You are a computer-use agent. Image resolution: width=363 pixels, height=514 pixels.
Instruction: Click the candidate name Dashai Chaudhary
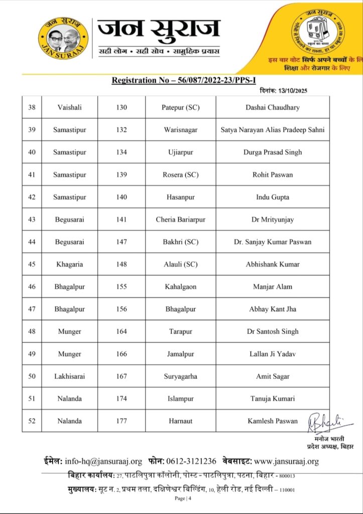[x=273, y=107]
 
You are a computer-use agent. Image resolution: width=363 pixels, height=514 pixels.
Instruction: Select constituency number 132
[x=122, y=130]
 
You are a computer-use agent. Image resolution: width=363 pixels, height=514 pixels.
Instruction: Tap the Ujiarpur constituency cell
[x=181, y=152]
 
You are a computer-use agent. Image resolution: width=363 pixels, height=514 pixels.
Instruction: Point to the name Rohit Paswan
[x=273, y=175]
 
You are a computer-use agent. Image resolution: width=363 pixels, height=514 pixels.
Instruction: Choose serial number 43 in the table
[x=32, y=219]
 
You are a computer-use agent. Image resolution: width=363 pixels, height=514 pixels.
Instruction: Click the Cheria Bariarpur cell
[x=181, y=219]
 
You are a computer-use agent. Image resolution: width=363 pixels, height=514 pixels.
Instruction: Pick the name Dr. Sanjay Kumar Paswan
[x=273, y=242]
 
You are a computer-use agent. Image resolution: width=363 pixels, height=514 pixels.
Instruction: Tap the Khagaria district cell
[x=69, y=264]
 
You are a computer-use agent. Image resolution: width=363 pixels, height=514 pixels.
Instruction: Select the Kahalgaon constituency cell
[x=181, y=287]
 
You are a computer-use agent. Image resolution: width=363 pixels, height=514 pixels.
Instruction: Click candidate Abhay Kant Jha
[x=273, y=309]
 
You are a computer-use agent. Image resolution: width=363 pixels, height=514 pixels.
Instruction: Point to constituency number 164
[x=122, y=331]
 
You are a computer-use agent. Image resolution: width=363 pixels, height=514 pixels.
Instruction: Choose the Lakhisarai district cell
[x=69, y=376]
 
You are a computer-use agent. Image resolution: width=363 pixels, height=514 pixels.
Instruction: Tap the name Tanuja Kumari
[x=273, y=399]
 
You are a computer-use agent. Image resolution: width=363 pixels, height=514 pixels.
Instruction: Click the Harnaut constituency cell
[x=181, y=421]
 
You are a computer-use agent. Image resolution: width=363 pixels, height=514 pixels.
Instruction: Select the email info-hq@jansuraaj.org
[x=103, y=461]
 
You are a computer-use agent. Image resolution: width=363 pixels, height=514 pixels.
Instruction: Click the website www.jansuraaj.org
[x=286, y=461]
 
